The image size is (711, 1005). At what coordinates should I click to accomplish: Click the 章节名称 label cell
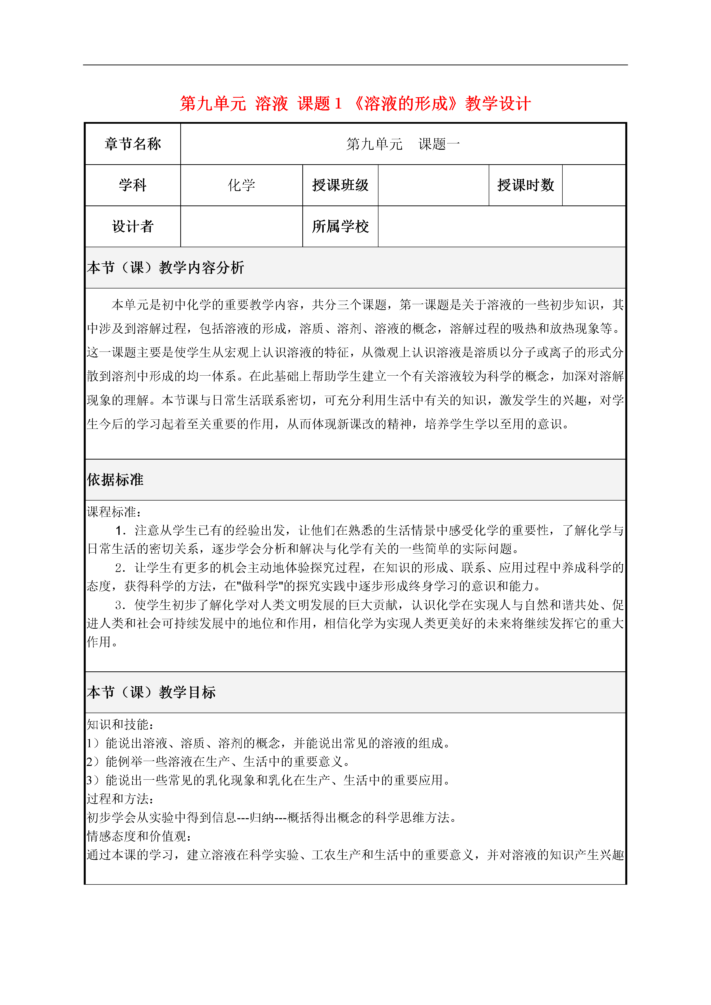[133, 144]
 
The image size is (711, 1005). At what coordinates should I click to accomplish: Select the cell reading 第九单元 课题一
[403, 144]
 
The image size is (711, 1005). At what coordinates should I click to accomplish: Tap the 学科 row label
[133, 185]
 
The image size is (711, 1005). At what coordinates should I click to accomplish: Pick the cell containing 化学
[241, 185]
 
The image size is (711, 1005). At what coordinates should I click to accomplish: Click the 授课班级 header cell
[340, 185]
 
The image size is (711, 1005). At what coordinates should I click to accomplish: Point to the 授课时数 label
[525, 185]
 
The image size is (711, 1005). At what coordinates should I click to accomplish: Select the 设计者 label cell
[133, 226]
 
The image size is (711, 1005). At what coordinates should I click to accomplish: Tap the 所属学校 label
[340, 226]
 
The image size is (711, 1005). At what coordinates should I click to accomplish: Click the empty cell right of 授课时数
[594, 185]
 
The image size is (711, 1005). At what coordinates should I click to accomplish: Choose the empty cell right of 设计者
[241, 226]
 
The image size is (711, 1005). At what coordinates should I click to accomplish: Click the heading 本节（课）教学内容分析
[166, 267]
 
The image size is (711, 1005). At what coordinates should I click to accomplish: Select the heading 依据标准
[115, 480]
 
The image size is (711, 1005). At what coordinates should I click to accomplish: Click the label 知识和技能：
[120, 724]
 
